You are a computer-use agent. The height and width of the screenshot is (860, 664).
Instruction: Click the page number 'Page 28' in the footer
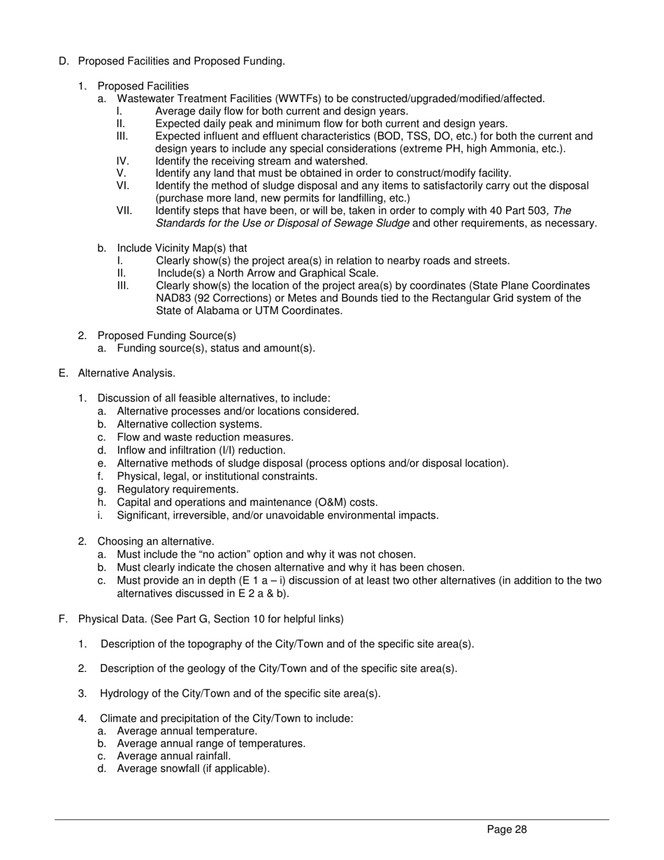pyautogui.click(x=507, y=830)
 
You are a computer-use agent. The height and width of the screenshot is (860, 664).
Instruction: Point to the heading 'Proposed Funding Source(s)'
pyautogui.click(x=166, y=335)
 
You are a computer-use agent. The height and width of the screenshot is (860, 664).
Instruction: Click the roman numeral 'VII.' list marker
pyautogui.click(x=124, y=210)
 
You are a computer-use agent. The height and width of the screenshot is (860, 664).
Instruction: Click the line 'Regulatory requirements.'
pyautogui.click(x=178, y=489)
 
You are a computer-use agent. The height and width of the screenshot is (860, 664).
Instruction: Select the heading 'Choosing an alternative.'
pyautogui.click(x=156, y=541)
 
